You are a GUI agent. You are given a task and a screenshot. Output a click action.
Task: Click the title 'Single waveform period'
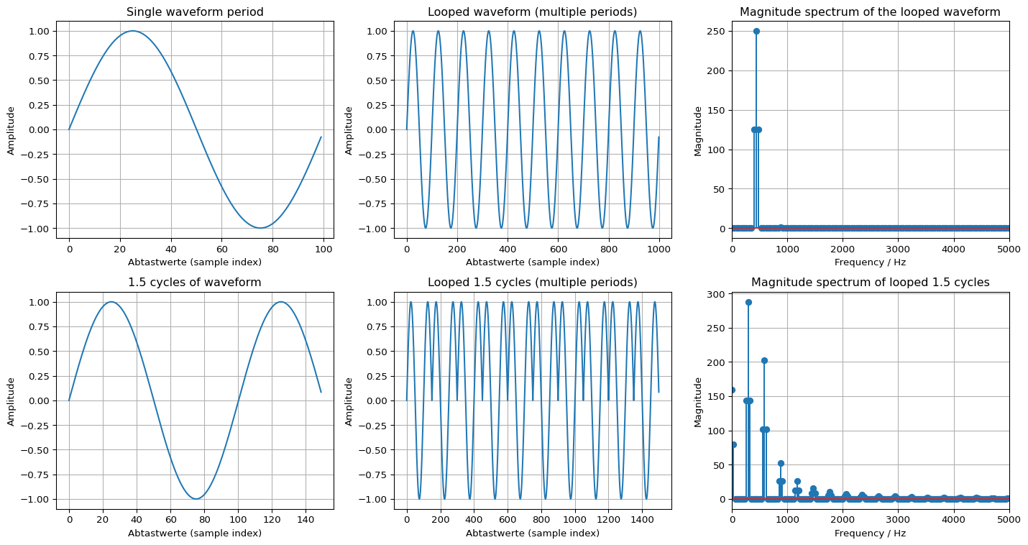coord(194,12)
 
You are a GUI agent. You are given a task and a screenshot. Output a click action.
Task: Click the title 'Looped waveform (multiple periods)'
coord(532,12)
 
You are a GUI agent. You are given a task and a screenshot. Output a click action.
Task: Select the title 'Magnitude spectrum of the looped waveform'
coord(870,12)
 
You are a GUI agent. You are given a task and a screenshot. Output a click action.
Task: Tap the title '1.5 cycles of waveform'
coord(194,283)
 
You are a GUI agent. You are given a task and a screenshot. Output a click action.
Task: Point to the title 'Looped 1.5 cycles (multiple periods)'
coord(532,283)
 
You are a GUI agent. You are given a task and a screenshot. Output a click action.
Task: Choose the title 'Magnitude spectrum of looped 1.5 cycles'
coord(870,283)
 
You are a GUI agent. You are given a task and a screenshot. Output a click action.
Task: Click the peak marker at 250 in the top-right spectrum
coord(756,31)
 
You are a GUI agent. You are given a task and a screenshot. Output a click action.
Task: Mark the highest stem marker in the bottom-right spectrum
coord(748,302)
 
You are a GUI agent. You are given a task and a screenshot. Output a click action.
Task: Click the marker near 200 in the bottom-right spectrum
coord(764,360)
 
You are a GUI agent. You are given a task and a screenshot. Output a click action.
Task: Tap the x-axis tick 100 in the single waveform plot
coord(323,249)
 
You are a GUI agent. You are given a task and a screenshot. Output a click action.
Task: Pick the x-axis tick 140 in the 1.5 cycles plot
coord(306,520)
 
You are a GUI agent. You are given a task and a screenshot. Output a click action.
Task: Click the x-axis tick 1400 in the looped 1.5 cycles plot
coord(642,520)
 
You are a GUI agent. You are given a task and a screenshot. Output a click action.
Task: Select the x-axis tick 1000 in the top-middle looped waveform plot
coord(658,249)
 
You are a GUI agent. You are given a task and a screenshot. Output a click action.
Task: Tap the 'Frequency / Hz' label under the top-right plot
coord(870,262)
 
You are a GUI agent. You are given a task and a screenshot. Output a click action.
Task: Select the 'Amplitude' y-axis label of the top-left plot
coord(12,130)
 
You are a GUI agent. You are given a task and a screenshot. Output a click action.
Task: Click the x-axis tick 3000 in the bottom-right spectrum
coord(898,520)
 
